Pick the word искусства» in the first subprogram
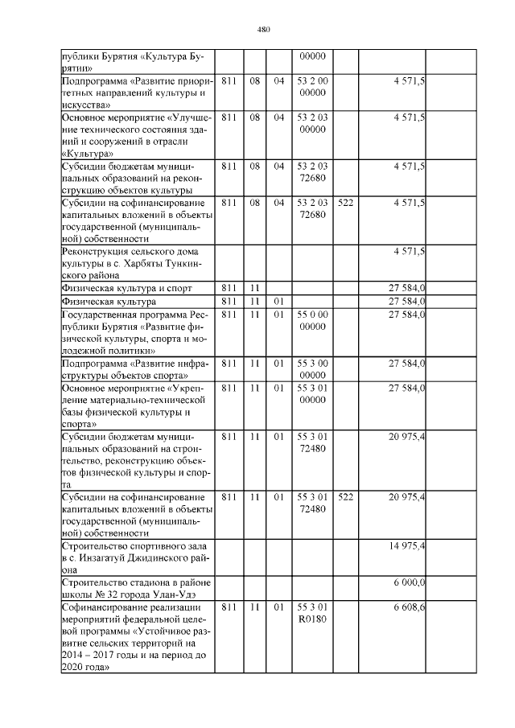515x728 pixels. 84,104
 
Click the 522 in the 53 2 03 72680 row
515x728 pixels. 346,203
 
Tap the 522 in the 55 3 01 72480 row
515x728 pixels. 346,497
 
